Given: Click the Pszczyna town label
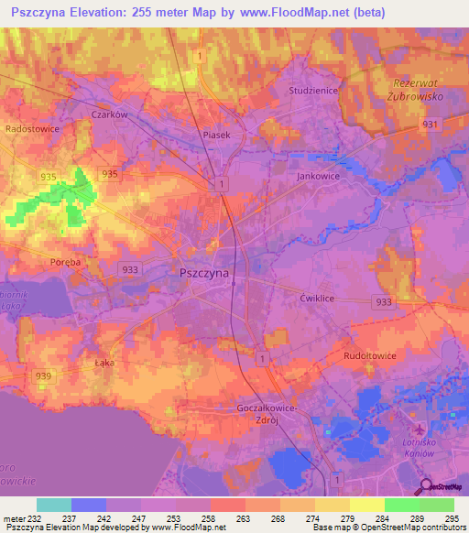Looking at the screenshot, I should click(204, 272).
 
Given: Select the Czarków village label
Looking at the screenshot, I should click(109, 114).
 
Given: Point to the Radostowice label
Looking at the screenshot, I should click(32, 129).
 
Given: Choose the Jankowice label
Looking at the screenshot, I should click(318, 175).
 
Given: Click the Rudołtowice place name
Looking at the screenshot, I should click(370, 357).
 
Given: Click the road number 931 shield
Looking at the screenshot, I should click(432, 123).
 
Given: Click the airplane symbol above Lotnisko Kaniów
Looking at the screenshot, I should click(420, 430).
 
